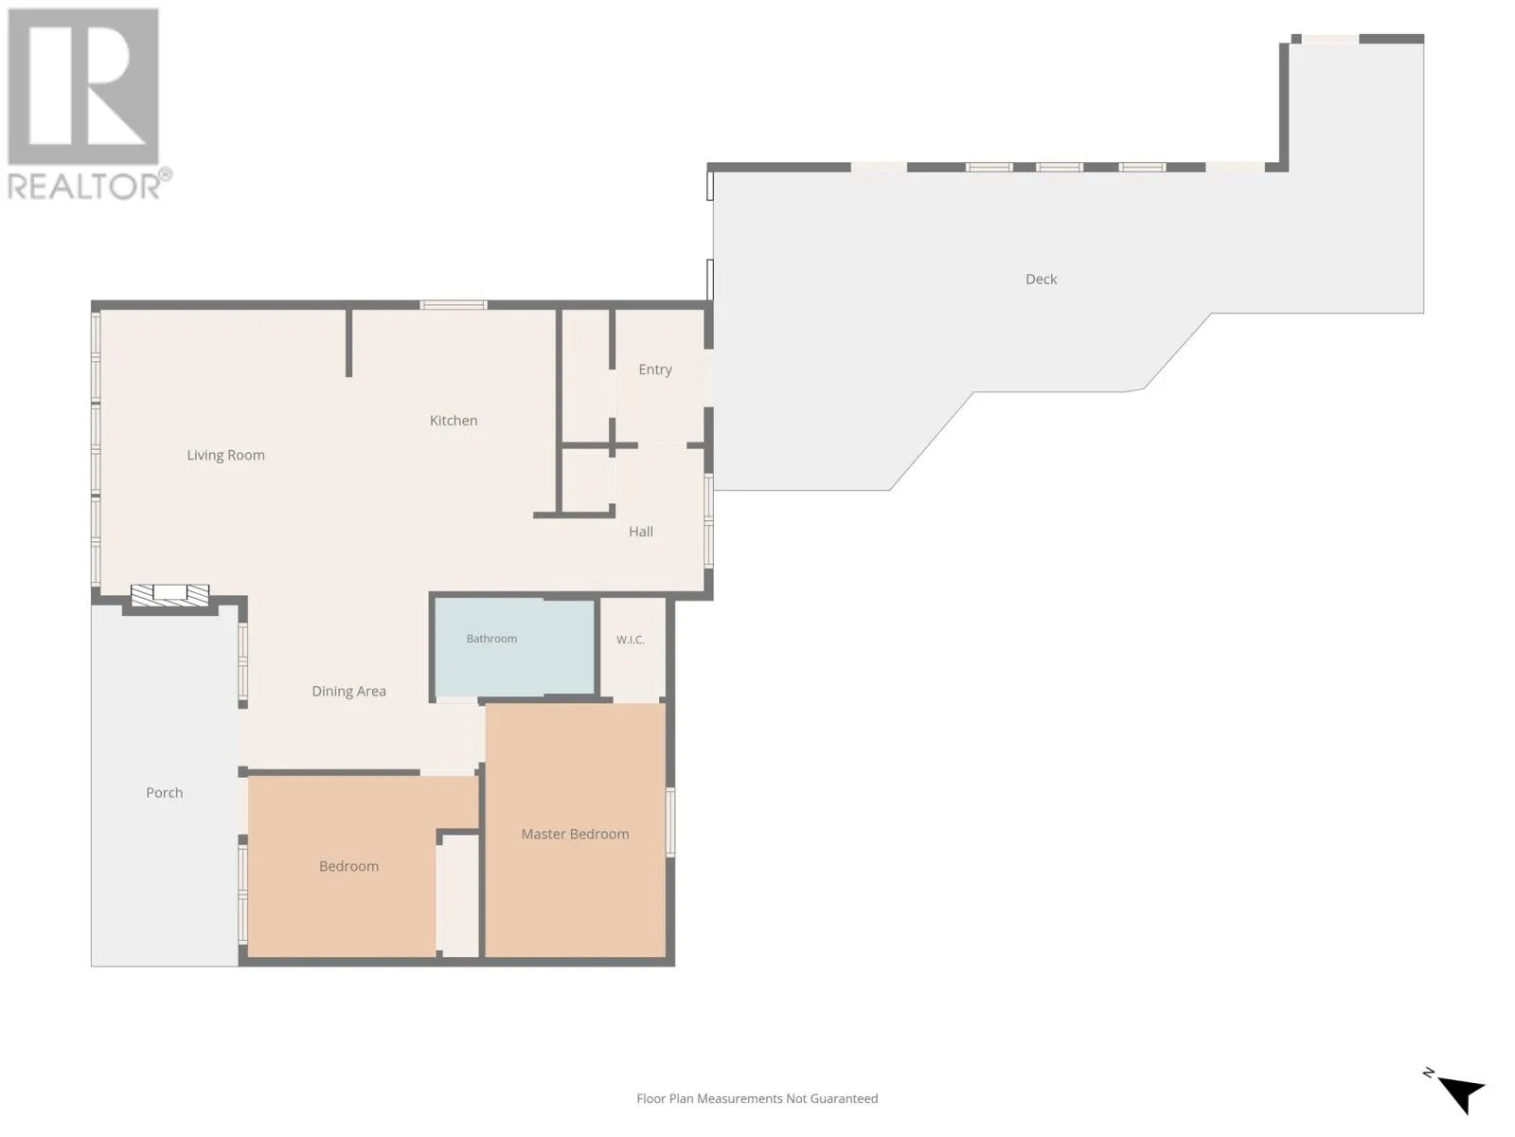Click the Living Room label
coord(225,455)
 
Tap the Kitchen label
coord(454,421)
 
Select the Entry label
coord(655,370)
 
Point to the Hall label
coord(640,532)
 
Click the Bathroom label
coord(491,639)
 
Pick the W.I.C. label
coord(631,640)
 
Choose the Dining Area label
coord(348,691)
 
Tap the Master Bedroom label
coord(575,834)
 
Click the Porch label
coord(164,792)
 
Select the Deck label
coord(1041,279)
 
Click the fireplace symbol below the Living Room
coord(169,595)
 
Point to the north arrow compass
coord(1457,1092)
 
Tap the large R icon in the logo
coord(83,86)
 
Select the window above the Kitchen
coord(454,305)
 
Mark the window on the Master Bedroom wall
coord(670,822)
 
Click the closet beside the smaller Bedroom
coord(459,895)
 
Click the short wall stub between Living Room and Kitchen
coord(348,343)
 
